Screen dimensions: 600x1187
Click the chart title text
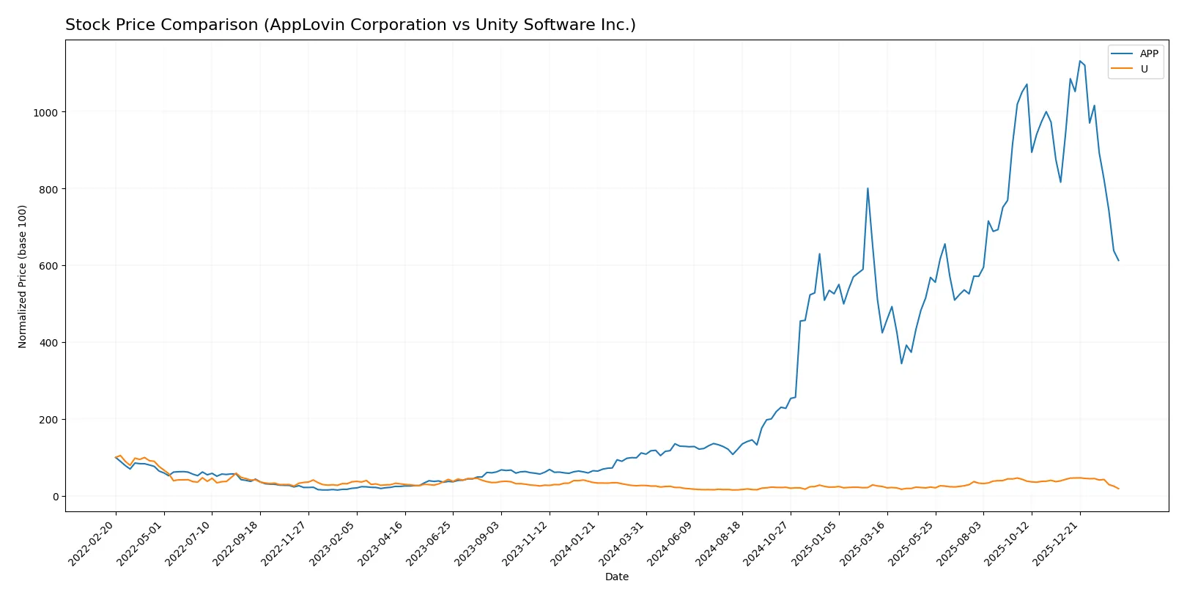[350, 25]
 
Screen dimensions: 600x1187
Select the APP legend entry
[1148, 53]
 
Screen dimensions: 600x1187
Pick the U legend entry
[1144, 69]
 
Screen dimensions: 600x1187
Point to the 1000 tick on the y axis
[45, 112]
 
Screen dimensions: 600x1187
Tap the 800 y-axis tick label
[48, 189]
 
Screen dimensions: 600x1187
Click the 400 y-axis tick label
[48, 343]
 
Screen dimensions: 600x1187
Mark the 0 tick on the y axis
[55, 497]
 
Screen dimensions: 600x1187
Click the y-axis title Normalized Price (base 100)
[23, 276]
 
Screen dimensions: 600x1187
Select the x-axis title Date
[616, 577]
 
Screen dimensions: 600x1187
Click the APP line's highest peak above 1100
[1079, 61]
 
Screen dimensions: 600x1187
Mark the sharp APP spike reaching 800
[868, 188]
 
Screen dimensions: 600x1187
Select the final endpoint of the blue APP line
[1118, 260]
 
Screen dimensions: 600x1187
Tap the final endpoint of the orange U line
[1118, 489]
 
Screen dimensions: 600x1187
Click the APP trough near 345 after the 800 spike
[901, 363]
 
